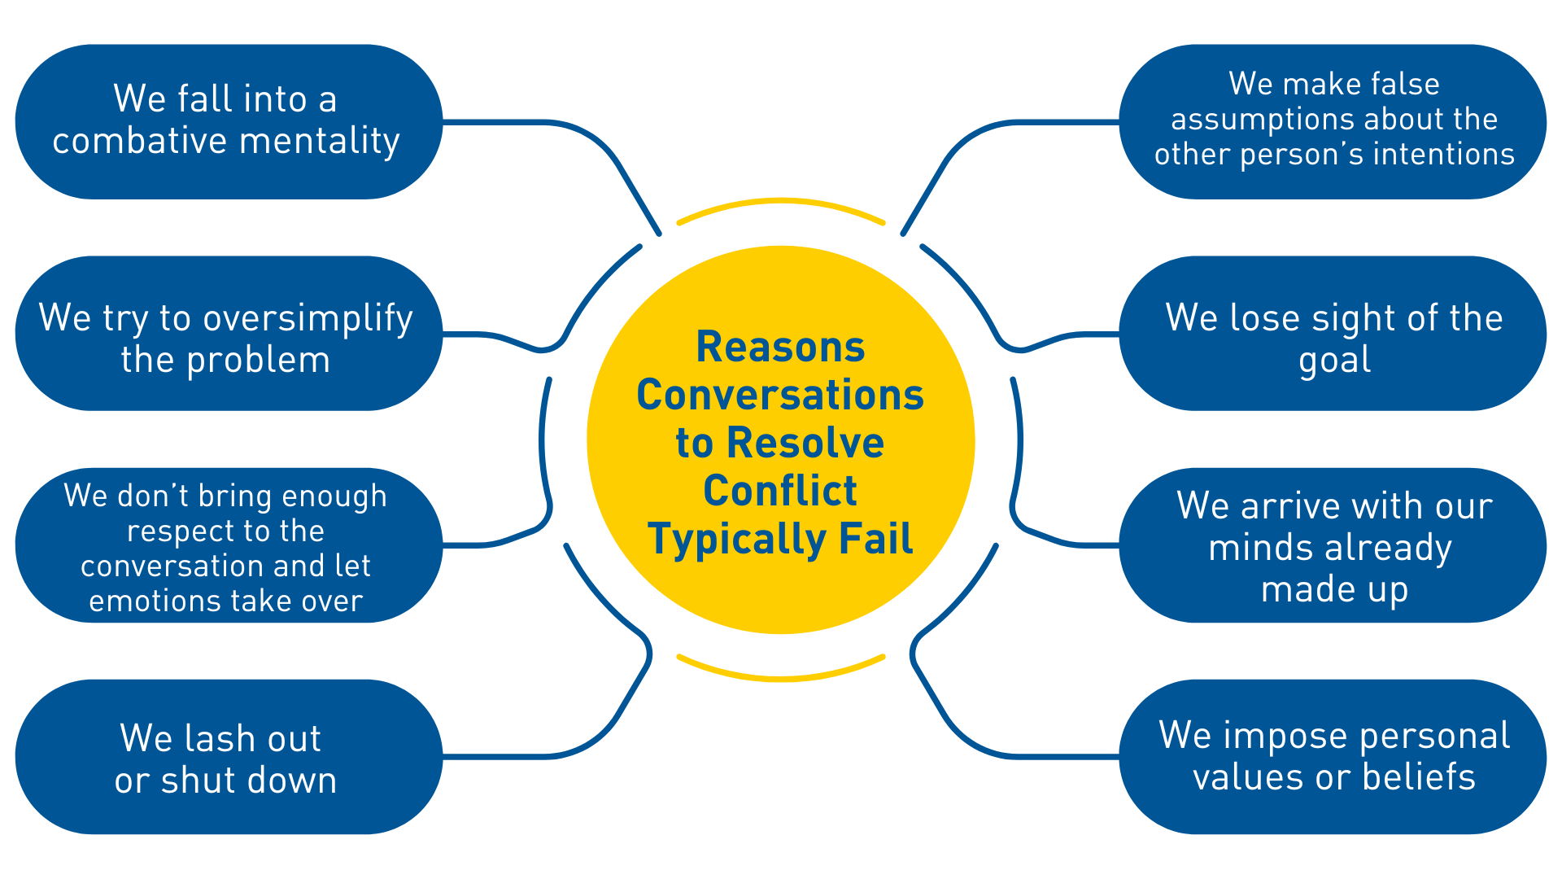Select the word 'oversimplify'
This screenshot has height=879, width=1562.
[x=308, y=318]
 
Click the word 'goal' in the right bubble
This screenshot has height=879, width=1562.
[x=1334, y=361]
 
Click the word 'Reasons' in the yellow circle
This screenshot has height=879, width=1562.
[x=780, y=348]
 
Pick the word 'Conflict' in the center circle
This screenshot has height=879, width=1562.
[x=780, y=491]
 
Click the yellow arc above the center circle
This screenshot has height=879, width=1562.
[x=780, y=201]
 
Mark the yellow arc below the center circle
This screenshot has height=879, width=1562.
[x=780, y=677]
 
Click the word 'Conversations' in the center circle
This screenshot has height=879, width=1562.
[x=780, y=396]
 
